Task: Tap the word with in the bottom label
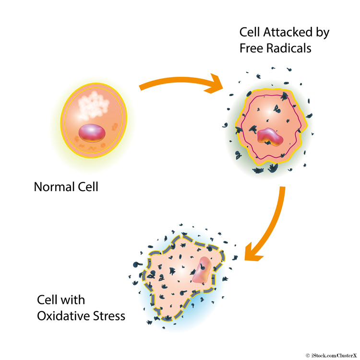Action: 75,300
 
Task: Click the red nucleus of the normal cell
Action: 93,132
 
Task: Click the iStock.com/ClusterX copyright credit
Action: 331,355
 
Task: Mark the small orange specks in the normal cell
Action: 113,126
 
